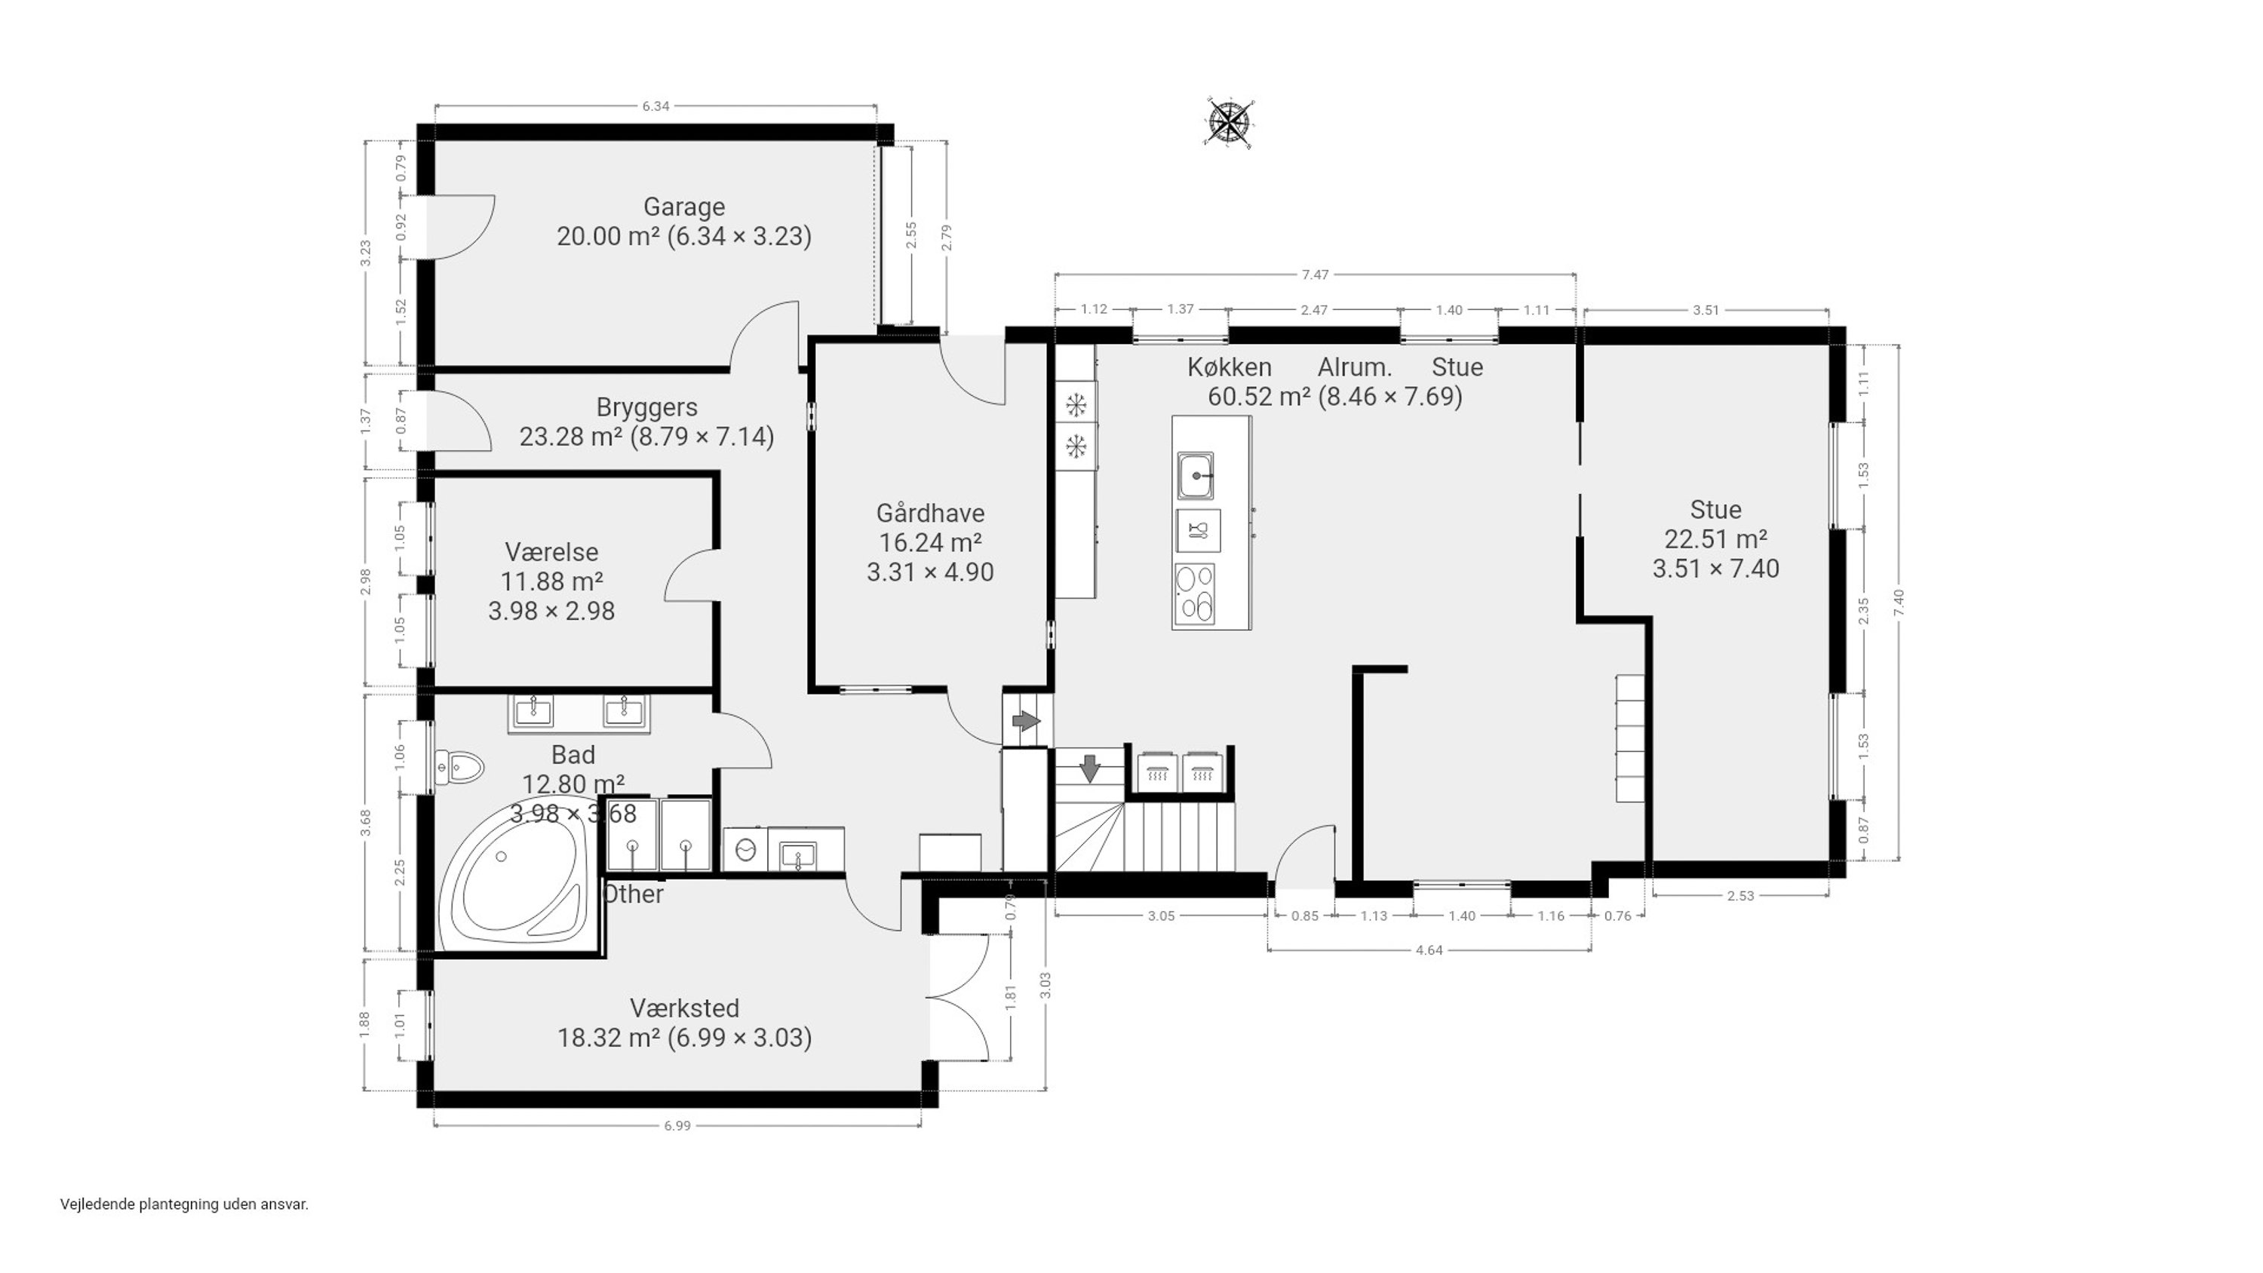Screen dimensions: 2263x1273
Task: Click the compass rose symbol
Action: coord(1230,122)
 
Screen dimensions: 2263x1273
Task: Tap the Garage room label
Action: coord(684,207)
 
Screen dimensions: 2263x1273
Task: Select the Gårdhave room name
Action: coord(930,514)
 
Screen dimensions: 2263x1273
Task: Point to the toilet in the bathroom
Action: coord(459,768)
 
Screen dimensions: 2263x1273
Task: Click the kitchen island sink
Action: coord(1196,476)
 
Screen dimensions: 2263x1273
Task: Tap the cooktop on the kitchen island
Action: coord(1195,593)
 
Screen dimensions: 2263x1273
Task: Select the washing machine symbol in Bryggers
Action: coord(746,849)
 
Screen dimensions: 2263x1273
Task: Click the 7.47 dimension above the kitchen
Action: coord(1315,275)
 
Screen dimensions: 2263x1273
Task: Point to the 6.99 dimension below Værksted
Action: coord(677,1125)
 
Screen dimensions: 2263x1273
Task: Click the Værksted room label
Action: coord(684,1008)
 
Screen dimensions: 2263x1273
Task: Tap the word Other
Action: coord(634,894)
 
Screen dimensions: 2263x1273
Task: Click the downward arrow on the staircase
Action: coord(1089,768)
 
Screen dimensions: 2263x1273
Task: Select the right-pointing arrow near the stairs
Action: coord(1026,721)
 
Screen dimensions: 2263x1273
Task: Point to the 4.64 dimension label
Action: coord(1429,949)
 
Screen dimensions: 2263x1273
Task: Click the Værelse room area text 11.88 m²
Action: coord(551,581)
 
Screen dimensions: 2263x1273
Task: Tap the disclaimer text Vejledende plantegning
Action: coord(140,1204)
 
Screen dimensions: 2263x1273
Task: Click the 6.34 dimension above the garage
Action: coord(656,106)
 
